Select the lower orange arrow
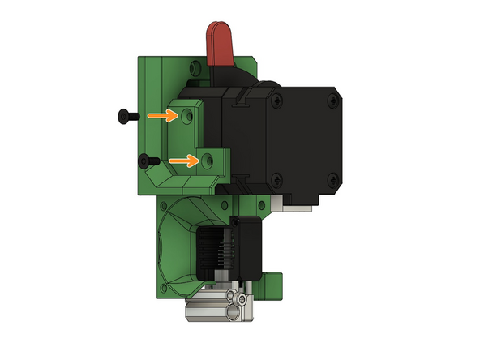[x=186, y=161]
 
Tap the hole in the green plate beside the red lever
[x=195, y=66]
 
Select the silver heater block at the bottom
[x=211, y=307]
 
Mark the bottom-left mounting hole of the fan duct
[x=165, y=286]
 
